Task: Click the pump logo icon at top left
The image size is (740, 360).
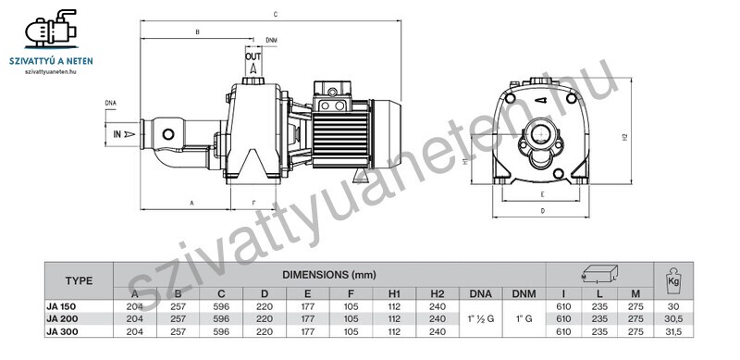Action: [x=51, y=29]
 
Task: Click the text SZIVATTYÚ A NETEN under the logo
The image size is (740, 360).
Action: [x=51, y=61]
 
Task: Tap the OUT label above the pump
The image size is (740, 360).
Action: [x=253, y=56]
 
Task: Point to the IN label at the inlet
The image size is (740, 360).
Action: [x=117, y=134]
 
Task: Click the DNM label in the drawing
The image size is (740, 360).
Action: [x=271, y=40]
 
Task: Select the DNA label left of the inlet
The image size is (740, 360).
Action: [x=110, y=103]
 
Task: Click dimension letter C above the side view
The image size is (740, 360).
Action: [x=275, y=15]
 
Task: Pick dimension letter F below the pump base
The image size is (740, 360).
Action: [x=253, y=204]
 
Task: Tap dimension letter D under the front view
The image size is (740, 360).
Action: [x=543, y=211]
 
